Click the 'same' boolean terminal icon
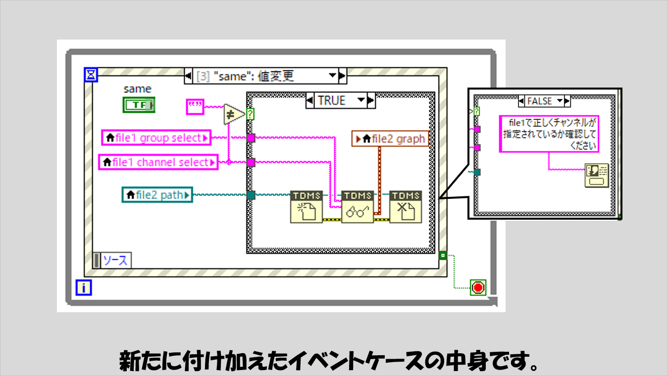pyautogui.click(x=139, y=104)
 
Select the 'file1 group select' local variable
pyautogui.click(x=156, y=138)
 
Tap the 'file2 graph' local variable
pyautogui.click(x=390, y=139)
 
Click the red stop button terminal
pyautogui.click(x=478, y=287)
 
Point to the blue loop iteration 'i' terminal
pyautogui.click(x=83, y=287)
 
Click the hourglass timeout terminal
pyautogui.click(x=92, y=75)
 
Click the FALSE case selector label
pyautogui.click(x=539, y=101)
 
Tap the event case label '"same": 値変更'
pyautogui.click(x=260, y=76)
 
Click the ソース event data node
pyautogui.click(x=115, y=260)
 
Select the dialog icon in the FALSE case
pyautogui.click(x=597, y=176)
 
